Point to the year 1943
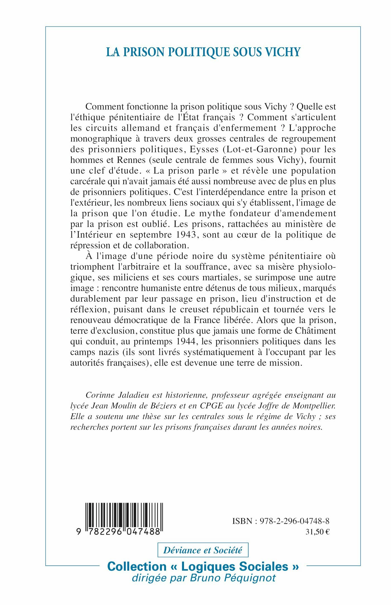pos(187,235)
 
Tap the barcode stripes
pos(124,516)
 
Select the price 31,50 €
pos(318,532)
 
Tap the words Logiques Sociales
pos(235,567)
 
